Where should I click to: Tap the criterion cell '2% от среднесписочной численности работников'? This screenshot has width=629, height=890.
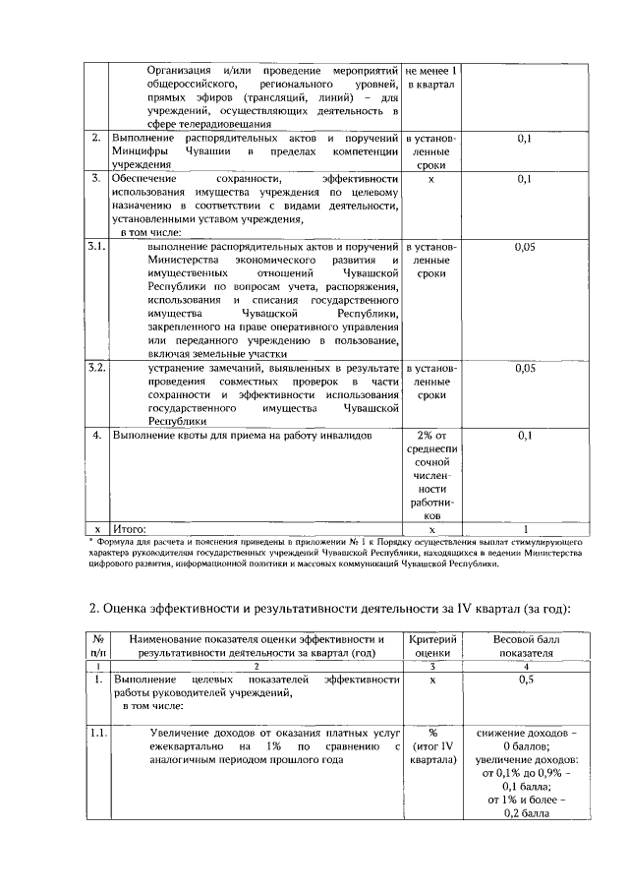point(431,474)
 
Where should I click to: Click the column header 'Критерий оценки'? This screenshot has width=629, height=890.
point(431,645)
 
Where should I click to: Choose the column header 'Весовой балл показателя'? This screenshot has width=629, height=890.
point(525,645)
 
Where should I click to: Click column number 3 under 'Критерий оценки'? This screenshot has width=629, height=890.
point(431,666)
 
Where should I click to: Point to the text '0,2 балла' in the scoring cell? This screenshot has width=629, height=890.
point(525,813)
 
